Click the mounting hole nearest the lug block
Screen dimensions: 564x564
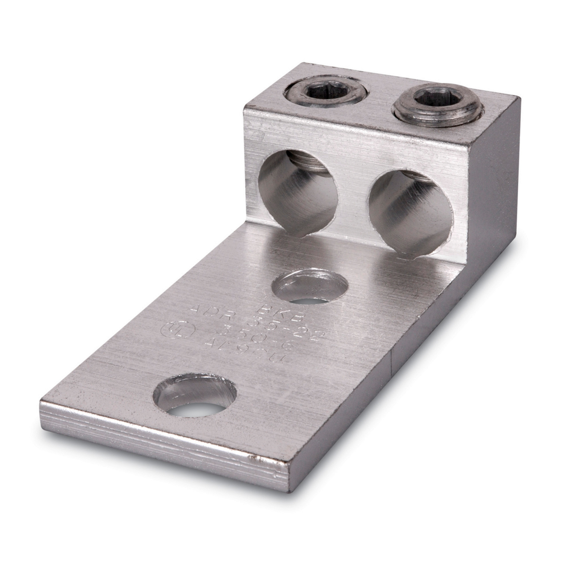pyautogui.click(x=309, y=287)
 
